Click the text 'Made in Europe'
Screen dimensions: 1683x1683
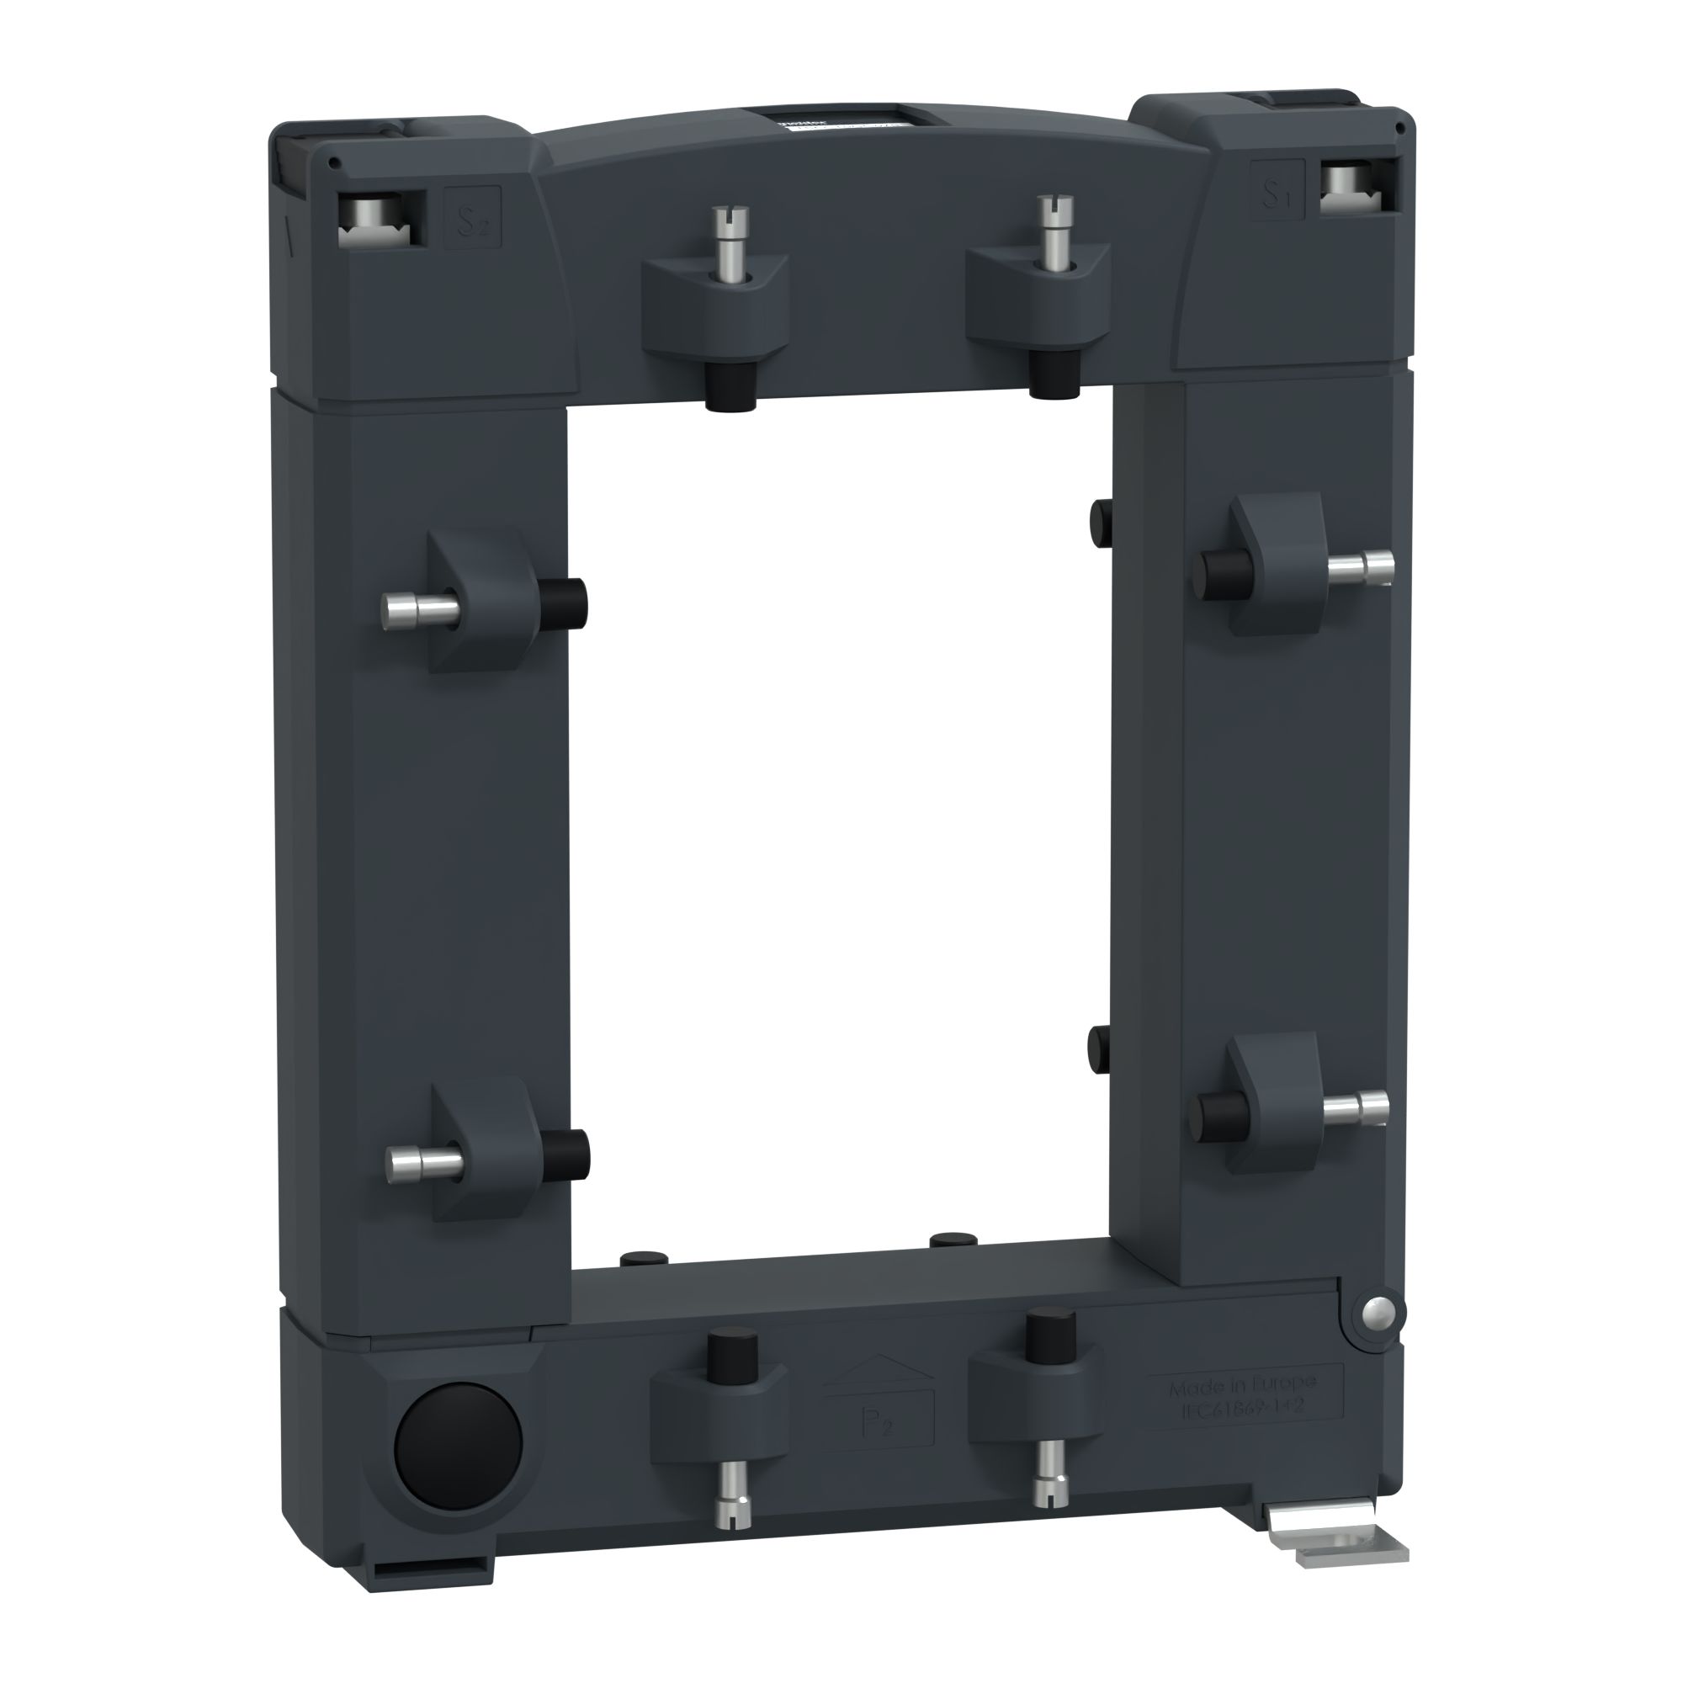1243,1385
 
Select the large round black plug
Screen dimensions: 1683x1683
459,1447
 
